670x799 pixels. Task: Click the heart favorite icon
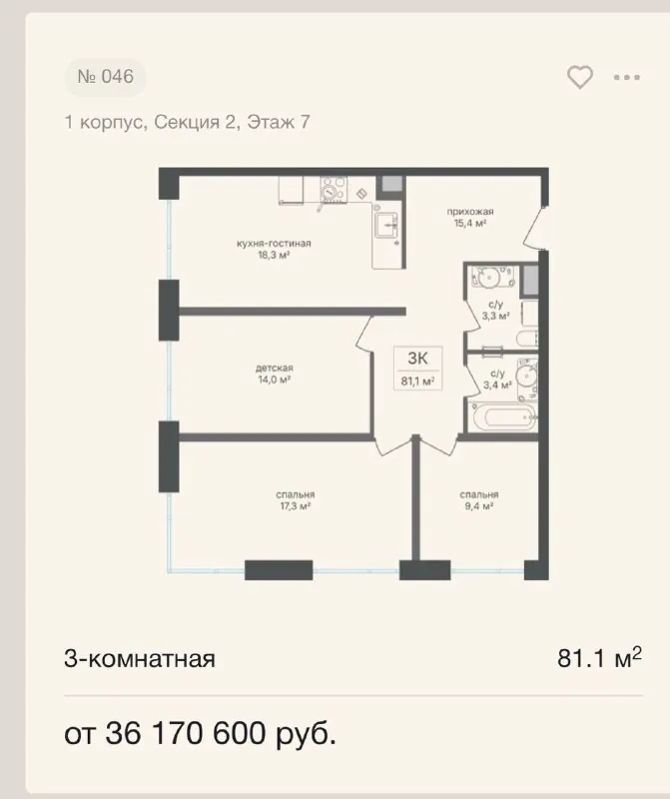580,78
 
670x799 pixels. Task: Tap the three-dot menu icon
627,78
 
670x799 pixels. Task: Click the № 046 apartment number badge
105,77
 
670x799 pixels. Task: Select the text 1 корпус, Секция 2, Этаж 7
187,122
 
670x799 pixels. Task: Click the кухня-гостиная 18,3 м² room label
274,249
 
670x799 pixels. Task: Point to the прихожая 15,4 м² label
469,217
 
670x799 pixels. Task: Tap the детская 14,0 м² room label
275,374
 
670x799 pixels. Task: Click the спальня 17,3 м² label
295,500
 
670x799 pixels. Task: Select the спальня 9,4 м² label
479,500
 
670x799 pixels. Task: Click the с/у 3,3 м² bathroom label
496,311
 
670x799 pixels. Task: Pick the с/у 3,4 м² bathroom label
497,380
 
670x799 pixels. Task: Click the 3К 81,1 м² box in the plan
417,368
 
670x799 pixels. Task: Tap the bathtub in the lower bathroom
505,417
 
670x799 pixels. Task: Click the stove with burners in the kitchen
334,190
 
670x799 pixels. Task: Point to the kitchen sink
386,226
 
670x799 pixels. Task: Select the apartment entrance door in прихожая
535,228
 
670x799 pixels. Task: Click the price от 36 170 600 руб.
201,734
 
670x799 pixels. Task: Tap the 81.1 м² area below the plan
599,657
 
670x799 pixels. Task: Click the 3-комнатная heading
140,658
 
